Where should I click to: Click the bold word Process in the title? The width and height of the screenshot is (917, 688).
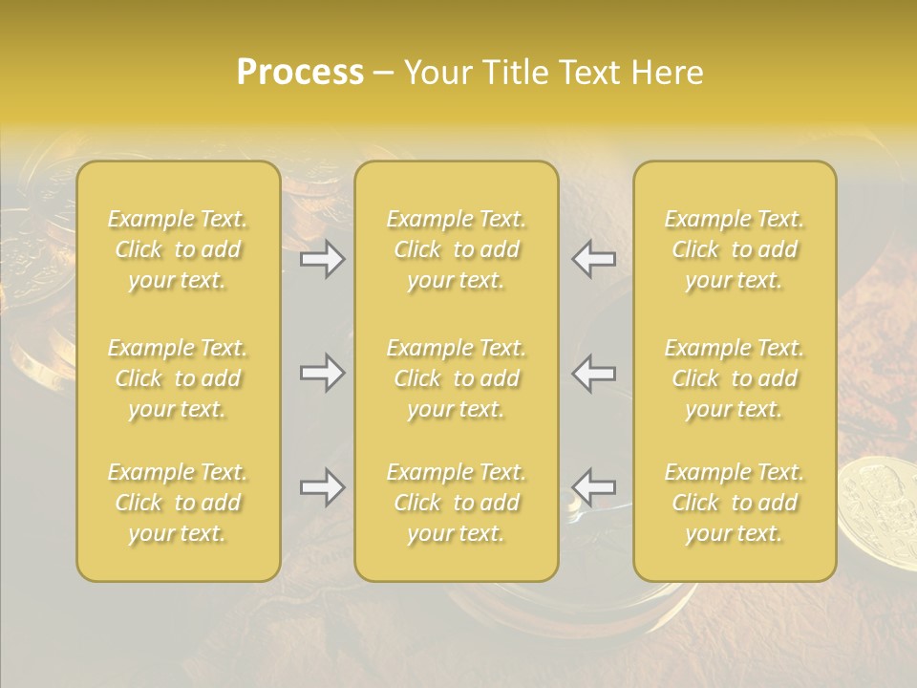(300, 73)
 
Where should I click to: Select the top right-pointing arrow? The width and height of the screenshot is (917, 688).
(323, 259)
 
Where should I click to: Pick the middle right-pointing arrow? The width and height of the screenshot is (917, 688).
(323, 373)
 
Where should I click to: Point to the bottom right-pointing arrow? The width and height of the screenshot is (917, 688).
(323, 487)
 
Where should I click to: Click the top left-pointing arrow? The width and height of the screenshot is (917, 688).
(593, 259)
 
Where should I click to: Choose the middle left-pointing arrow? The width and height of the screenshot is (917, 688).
(593, 373)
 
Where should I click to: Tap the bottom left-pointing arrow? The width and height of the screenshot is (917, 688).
(593, 487)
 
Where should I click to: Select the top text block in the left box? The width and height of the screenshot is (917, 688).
(178, 249)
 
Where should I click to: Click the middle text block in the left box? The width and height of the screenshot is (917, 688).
(178, 378)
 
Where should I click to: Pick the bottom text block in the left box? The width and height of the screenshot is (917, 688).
(178, 503)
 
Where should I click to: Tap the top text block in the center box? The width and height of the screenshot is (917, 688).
(457, 249)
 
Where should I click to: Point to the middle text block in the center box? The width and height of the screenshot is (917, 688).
(457, 378)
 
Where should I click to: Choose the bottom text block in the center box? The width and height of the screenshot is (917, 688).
(457, 503)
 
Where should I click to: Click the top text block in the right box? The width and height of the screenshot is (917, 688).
(735, 249)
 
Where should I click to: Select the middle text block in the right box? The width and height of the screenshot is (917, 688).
(735, 378)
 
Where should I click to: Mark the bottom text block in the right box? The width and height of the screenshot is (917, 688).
(735, 503)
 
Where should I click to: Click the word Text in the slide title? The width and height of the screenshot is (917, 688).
(589, 73)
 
